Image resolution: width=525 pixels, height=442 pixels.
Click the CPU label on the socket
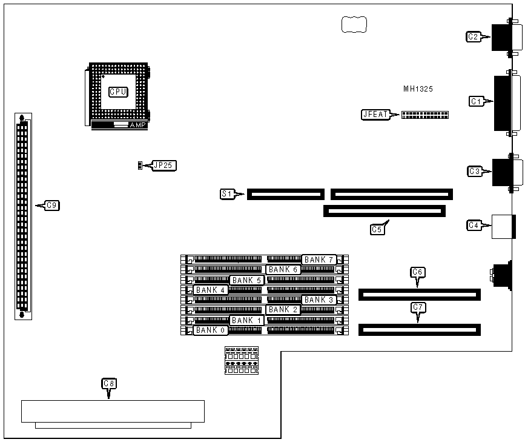click(x=118, y=92)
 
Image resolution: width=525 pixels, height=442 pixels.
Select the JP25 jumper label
click(x=165, y=165)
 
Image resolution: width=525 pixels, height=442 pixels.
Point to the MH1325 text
click(x=418, y=89)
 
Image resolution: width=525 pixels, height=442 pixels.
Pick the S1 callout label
click(x=227, y=194)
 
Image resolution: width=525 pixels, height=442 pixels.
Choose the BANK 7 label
click(x=319, y=260)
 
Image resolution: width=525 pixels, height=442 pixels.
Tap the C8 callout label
click(x=109, y=383)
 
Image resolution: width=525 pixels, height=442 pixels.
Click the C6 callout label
click(x=417, y=272)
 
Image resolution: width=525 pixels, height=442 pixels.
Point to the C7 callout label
click(x=417, y=307)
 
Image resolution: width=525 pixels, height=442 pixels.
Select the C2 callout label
click(x=474, y=37)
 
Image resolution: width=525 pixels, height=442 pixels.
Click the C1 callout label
click(x=477, y=101)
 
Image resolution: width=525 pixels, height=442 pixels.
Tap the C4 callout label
click(x=474, y=226)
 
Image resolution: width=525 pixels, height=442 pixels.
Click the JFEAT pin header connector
click(x=424, y=115)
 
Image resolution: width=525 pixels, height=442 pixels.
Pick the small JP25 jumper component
click(x=140, y=165)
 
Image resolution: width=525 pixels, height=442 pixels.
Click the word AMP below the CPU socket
click(x=137, y=125)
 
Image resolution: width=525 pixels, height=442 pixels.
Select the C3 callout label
click(x=475, y=172)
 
